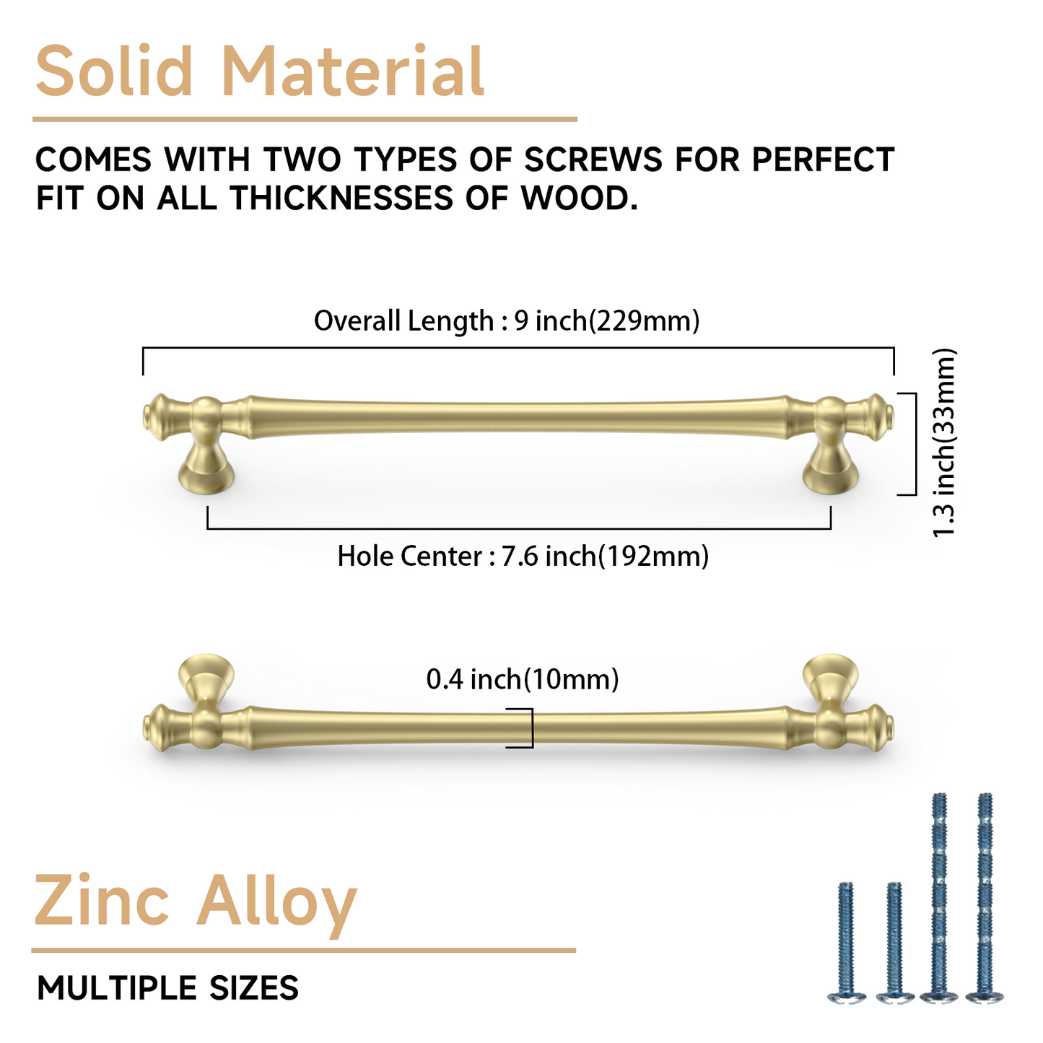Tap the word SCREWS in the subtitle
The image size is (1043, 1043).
pyautogui.click(x=593, y=160)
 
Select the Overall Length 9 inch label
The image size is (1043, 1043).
pyautogui.click(x=507, y=320)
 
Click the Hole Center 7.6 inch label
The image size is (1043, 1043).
pyautogui.click(x=523, y=557)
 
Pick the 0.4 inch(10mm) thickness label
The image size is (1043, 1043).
pyautogui.click(x=523, y=679)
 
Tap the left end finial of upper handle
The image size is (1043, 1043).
pyautogui.click(x=157, y=417)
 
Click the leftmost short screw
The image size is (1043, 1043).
pyautogui.click(x=847, y=942)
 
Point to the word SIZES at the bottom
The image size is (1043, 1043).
pyautogui.click(x=253, y=988)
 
